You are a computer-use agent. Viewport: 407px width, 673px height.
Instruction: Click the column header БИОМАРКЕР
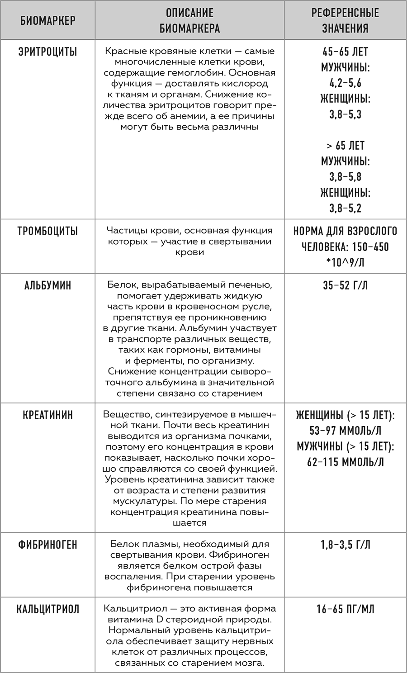coord(47,20)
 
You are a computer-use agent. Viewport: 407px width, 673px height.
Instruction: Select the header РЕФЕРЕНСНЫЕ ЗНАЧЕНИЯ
coord(345,20)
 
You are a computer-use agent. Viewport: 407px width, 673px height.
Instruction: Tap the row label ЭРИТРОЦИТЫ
coord(47,52)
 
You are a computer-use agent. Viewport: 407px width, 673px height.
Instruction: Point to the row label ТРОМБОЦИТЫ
coord(47,231)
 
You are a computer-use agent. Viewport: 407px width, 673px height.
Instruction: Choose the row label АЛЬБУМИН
coord(47,285)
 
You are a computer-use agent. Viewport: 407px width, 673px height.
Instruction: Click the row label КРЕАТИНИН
coord(47,415)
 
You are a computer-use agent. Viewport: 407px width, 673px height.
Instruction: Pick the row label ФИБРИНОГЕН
coord(47,545)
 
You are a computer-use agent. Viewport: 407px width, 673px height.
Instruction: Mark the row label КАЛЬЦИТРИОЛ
coord(47,609)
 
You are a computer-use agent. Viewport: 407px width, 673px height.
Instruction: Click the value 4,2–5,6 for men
coord(345,83)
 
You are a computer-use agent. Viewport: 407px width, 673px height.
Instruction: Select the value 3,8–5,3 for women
coord(345,114)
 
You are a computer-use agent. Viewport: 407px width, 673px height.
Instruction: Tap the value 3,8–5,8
coord(345,177)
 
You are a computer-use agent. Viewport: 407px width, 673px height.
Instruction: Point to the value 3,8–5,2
coord(345,208)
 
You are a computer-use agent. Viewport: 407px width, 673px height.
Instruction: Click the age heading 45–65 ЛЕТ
coord(345,52)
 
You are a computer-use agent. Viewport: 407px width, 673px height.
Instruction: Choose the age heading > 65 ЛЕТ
coord(345,146)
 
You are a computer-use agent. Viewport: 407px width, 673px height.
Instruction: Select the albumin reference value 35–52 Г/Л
coord(345,285)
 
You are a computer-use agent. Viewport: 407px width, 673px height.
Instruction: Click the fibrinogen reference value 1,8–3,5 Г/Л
coord(345,545)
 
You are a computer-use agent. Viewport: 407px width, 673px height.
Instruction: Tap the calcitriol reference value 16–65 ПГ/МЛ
coord(345,609)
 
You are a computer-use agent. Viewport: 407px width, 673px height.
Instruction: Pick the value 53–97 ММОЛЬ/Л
coord(345,431)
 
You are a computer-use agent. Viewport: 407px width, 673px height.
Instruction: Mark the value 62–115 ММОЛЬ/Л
coord(345,462)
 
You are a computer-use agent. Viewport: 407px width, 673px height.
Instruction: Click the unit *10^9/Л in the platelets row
coord(345,262)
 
